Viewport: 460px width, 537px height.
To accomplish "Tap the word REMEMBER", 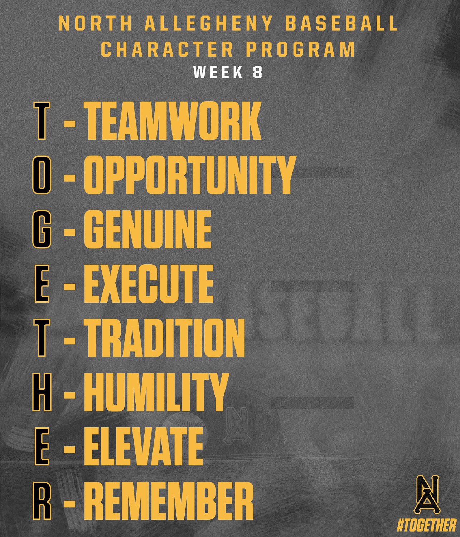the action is tap(169, 501).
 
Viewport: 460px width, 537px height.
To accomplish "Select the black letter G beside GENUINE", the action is tap(40, 229).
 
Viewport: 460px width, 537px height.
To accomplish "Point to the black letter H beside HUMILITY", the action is tap(41, 392).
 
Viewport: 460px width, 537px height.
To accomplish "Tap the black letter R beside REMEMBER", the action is tap(41, 501).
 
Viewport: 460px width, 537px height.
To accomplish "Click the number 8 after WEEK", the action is tap(257, 73).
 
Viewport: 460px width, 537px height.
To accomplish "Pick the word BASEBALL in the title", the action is tap(342, 24).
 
